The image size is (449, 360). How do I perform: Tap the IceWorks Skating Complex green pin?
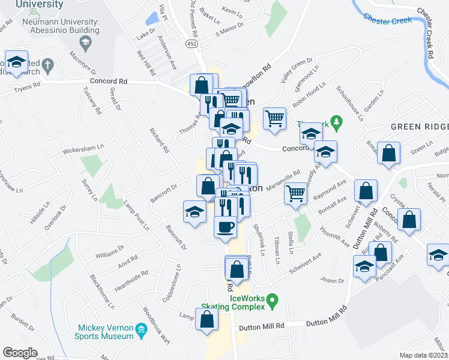pyautogui.click(x=272, y=299)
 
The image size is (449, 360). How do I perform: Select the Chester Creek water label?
pyautogui.click(x=388, y=19)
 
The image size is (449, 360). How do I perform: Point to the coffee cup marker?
pyautogui.click(x=226, y=227)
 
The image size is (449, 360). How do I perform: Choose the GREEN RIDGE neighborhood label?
pyautogui.click(x=420, y=127)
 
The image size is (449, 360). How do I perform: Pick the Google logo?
pyautogui.click(x=20, y=353)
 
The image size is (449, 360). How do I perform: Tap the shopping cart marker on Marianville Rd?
pyautogui.click(x=295, y=194)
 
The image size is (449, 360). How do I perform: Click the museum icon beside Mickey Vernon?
pyautogui.click(x=141, y=329)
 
